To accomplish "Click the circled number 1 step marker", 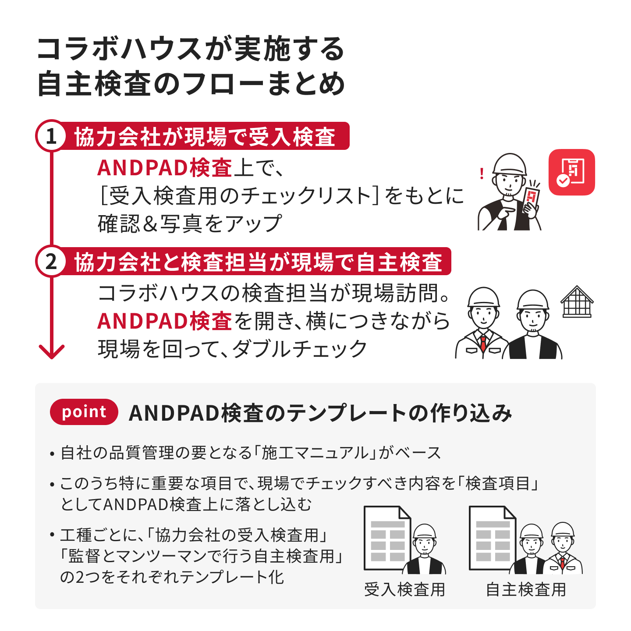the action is (x=51, y=135).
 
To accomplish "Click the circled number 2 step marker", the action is (x=51, y=261).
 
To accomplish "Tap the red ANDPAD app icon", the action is (x=571, y=172).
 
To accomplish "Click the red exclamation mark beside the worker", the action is (x=481, y=174).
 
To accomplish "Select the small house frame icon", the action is (x=577, y=301).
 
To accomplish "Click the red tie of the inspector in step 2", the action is (x=483, y=343).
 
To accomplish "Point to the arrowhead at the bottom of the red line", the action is (x=51, y=351).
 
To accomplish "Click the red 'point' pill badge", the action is (x=84, y=411).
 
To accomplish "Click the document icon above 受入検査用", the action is (x=387, y=538).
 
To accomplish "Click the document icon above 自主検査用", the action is (x=493, y=538).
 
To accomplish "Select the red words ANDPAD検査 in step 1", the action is (x=165, y=168).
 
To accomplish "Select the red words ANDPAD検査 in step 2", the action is (x=165, y=321).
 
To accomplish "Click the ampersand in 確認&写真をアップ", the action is (x=150, y=224).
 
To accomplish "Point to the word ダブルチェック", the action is (x=300, y=348).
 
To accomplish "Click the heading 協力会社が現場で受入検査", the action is (x=205, y=137).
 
